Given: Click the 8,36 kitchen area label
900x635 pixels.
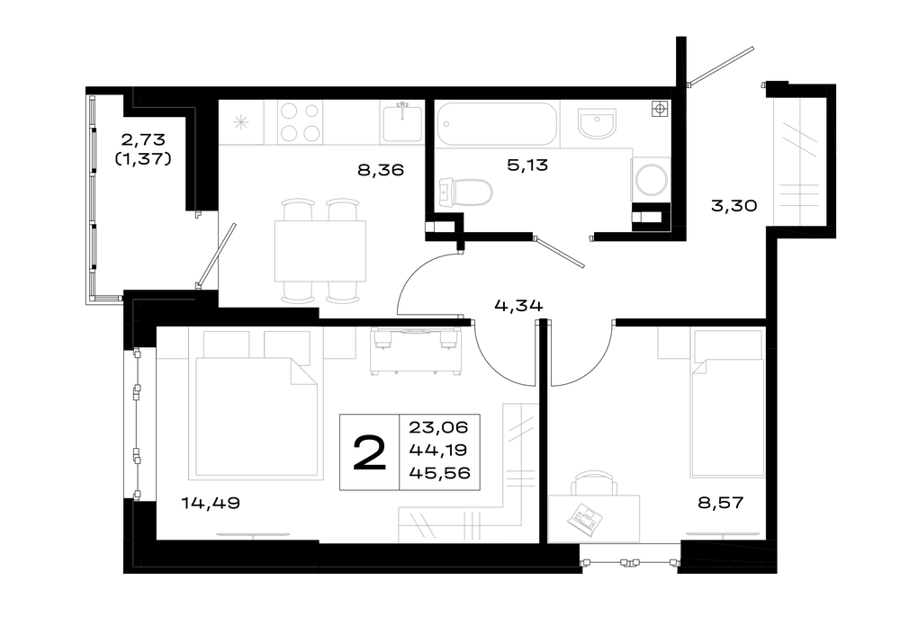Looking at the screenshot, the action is point(381,170).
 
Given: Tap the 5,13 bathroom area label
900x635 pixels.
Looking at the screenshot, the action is point(527,165).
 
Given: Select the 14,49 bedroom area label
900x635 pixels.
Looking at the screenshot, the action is point(211,503).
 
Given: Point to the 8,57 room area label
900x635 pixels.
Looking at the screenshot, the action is point(720,503).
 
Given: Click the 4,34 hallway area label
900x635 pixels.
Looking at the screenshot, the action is point(518,306).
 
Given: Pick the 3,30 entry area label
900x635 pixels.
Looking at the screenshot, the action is point(734,205).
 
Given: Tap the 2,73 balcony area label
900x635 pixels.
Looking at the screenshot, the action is point(143,139).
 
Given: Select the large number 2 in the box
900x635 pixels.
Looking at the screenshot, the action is point(369,452).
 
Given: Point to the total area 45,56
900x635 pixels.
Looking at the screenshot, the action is point(440,473).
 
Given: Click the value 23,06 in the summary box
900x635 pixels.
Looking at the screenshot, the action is point(438,427).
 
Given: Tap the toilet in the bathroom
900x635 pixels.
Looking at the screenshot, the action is point(465,192).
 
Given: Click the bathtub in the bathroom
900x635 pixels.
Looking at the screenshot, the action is point(497,124).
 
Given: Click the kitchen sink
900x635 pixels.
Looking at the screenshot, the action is point(401,122).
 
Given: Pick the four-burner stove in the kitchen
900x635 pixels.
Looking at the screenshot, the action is point(300,122).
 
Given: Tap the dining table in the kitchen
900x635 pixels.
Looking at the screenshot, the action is point(320,251).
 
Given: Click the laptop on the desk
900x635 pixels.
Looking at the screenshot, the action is point(585,519).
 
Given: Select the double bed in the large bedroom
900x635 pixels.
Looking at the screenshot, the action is point(256,416).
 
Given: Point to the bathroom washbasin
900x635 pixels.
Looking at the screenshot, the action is point(597,124).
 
